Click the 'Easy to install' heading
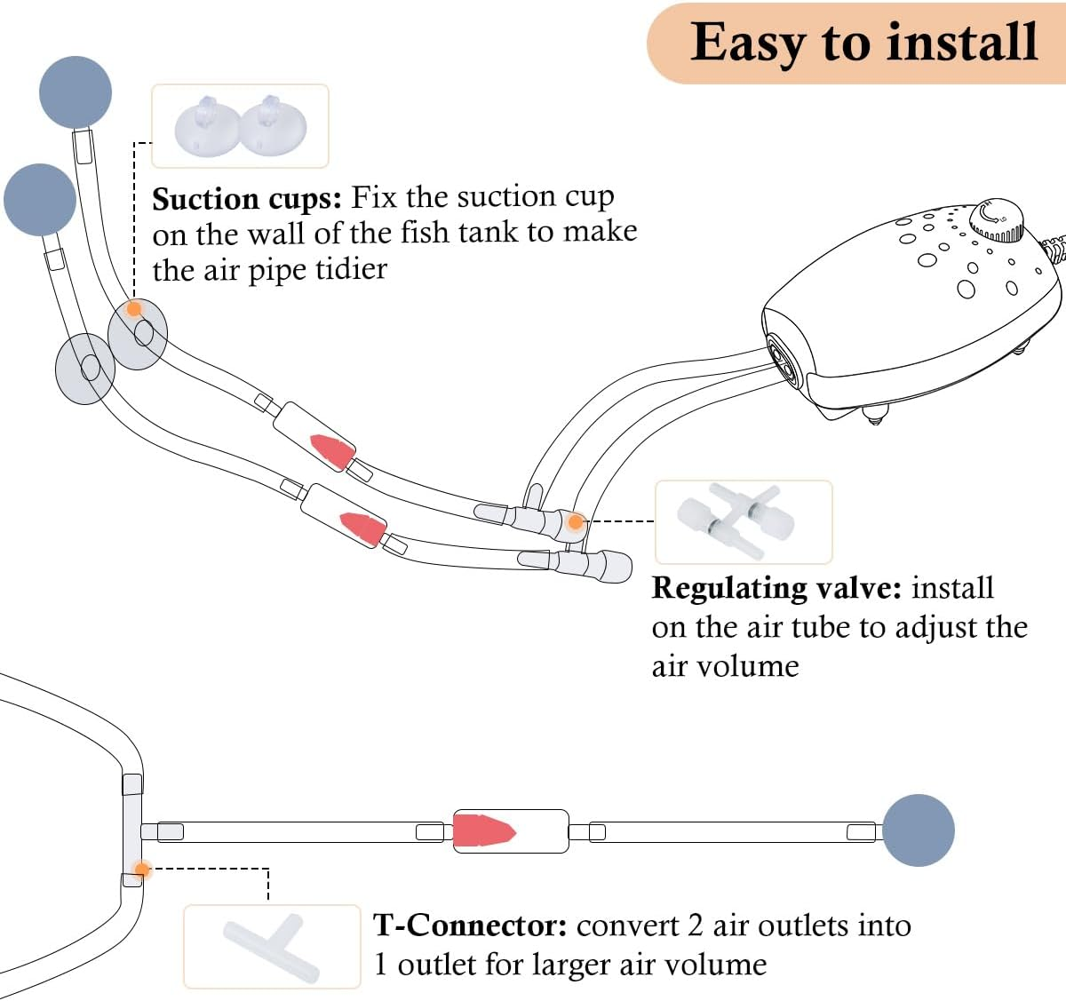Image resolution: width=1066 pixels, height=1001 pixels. coord(863,43)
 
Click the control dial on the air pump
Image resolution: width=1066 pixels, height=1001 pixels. coord(996,221)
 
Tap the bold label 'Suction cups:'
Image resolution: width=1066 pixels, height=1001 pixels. coord(246,199)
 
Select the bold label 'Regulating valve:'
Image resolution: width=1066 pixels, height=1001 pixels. coord(776,589)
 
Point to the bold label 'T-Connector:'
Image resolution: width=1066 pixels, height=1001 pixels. coord(470,926)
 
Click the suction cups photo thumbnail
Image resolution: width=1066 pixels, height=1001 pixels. coord(240,126)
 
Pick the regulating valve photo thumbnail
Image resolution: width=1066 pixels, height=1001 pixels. coord(743,522)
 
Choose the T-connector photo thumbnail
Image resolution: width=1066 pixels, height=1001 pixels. coord(272,947)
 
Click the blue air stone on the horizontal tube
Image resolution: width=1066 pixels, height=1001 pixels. coord(919,830)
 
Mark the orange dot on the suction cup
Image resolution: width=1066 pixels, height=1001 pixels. coord(134,308)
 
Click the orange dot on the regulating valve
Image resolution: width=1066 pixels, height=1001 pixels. coord(576,521)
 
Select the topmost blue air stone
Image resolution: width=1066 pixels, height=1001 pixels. coord(76,92)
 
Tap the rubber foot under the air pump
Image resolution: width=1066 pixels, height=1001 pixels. coord(875,414)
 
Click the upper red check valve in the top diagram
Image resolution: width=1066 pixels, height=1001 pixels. coord(331,449)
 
